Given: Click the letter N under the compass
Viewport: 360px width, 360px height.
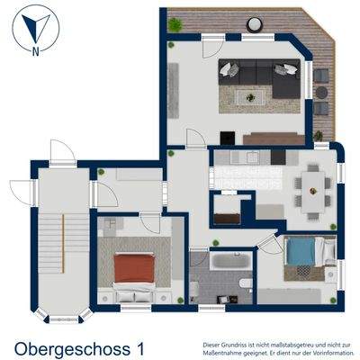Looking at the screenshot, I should pyautogui.click(x=35, y=50).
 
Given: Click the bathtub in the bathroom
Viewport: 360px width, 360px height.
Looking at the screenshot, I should pyautogui.click(x=224, y=263).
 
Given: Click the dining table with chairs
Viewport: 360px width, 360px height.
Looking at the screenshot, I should pyautogui.click(x=312, y=189).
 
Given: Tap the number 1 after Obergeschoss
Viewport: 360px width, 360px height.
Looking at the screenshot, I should pyautogui.click(x=139, y=346).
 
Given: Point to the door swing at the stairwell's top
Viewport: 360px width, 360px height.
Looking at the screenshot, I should pyautogui.click(x=60, y=150).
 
